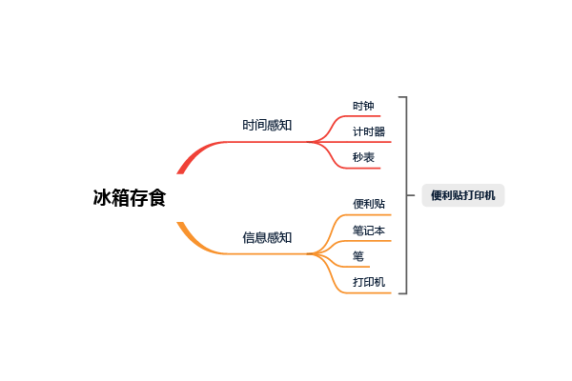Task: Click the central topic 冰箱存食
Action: tap(129, 197)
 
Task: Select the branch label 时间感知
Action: tap(267, 125)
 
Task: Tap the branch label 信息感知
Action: tap(267, 237)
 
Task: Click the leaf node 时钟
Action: tap(363, 106)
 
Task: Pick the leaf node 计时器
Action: tap(369, 131)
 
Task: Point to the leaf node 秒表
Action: tap(363, 157)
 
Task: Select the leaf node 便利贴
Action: tap(369, 204)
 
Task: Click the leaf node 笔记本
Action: tap(369, 230)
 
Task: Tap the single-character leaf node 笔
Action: tap(357, 256)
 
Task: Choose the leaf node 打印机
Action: tap(369, 282)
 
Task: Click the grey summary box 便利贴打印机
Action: tap(463, 195)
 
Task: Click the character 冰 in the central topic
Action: tap(102, 197)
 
